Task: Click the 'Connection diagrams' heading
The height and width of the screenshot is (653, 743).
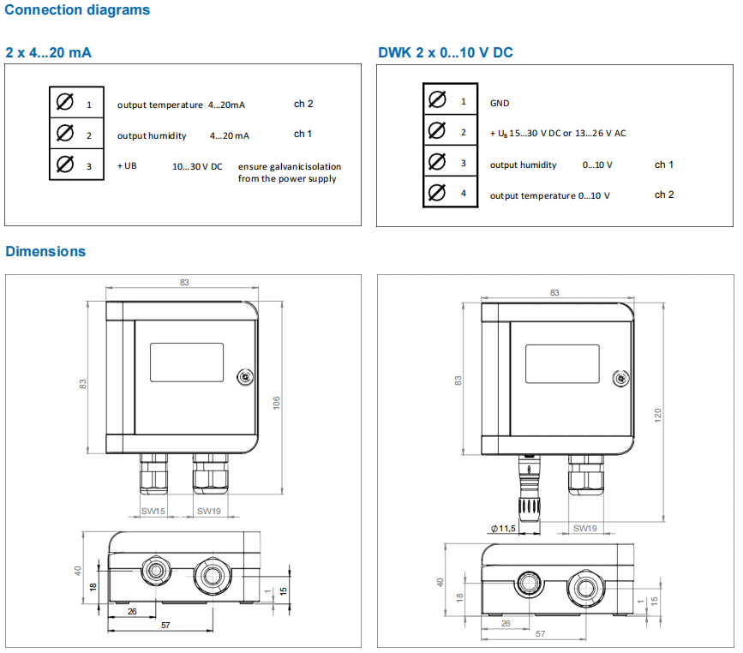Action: coord(77,10)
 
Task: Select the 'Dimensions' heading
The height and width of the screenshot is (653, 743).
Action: coord(45,251)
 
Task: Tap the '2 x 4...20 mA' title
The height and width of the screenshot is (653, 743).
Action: coord(48,52)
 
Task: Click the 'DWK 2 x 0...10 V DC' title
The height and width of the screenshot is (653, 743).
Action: coord(446,52)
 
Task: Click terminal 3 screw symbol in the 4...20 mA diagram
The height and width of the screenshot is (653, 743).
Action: coord(65,165)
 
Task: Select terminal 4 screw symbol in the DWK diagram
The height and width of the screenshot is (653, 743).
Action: coord(437,193)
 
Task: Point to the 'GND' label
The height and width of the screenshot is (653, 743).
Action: coord(500,104)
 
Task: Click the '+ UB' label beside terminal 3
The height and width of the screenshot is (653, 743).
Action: coord(127,166)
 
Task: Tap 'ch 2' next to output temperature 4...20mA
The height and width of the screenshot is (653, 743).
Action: coord(303,104)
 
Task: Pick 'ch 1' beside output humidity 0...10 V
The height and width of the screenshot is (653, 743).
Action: coord(664,165)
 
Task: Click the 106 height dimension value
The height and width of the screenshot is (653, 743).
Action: coord(276,403)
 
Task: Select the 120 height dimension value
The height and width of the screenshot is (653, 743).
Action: coord(657,415)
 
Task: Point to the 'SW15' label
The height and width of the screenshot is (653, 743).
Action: coord(153,512)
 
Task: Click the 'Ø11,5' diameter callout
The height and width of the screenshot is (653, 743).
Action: coord(503,529)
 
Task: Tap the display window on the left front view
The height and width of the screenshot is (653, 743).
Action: coord(187,362)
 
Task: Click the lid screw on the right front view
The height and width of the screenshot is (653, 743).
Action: coord(620,379)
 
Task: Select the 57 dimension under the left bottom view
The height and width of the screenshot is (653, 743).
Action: coord(165,625)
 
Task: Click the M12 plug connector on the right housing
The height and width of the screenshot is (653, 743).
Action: coord(530,488)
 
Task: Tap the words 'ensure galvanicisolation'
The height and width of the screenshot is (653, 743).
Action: coord(290,166)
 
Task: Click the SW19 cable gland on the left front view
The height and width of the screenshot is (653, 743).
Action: coord(211,473)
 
